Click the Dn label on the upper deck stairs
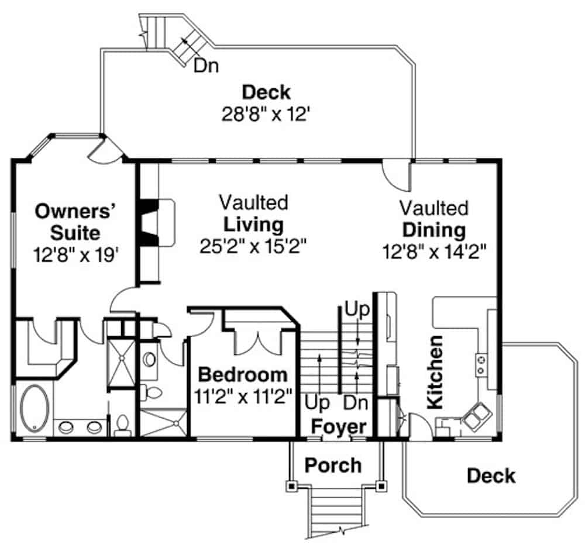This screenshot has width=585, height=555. coord(206,66)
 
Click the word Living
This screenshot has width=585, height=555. coord(253,224)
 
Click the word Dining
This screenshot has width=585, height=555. coord(433,229)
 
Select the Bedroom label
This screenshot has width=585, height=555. coord(243,374)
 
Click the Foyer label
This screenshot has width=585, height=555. coord(338,426)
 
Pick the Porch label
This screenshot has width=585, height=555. coord(333,466)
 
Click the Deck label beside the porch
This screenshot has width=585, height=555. coord(491,475)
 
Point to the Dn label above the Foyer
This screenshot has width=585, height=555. coord(355,403)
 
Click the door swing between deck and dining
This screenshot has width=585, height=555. coord(395,174)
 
